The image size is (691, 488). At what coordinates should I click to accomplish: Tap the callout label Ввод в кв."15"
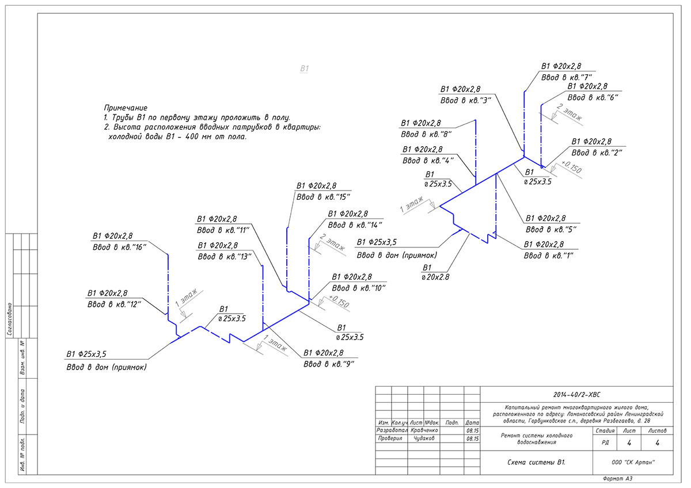click(323, 197)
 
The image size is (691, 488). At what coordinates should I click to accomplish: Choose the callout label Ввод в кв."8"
click(426, 134)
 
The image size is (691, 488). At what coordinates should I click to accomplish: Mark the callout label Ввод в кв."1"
click(549, 255)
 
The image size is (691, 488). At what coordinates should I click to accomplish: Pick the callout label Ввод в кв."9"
click(329, 364)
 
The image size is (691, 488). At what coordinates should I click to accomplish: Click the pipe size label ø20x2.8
click(436, 277)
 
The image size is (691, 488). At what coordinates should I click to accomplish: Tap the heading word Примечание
click(126, 108)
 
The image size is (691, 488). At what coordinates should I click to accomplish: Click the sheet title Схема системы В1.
click(536, 462)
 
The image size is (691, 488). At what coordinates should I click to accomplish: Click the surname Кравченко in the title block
click(426, 430)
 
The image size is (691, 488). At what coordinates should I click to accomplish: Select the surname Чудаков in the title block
click(424, 438)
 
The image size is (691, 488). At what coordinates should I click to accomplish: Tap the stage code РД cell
click(604, 443)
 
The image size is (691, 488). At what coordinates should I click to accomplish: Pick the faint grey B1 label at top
click(305, 68)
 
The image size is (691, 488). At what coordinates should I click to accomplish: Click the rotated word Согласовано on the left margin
click(10, 319)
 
